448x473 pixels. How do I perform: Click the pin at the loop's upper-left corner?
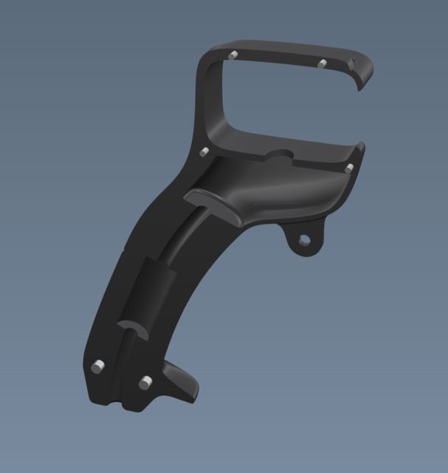[x=232, y=55]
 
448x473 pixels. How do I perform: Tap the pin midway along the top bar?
[x=322, y=64]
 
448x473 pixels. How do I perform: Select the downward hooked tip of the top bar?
[x=361, y=84]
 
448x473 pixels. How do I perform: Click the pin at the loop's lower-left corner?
[x=204, y=152]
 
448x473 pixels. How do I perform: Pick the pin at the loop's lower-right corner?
[x=348, y=169]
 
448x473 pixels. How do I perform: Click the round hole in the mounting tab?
[x=303, y=239]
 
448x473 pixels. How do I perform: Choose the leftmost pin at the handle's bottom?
[x=97, y=367]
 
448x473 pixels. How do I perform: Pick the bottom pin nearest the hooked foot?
[x=145, y=382]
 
